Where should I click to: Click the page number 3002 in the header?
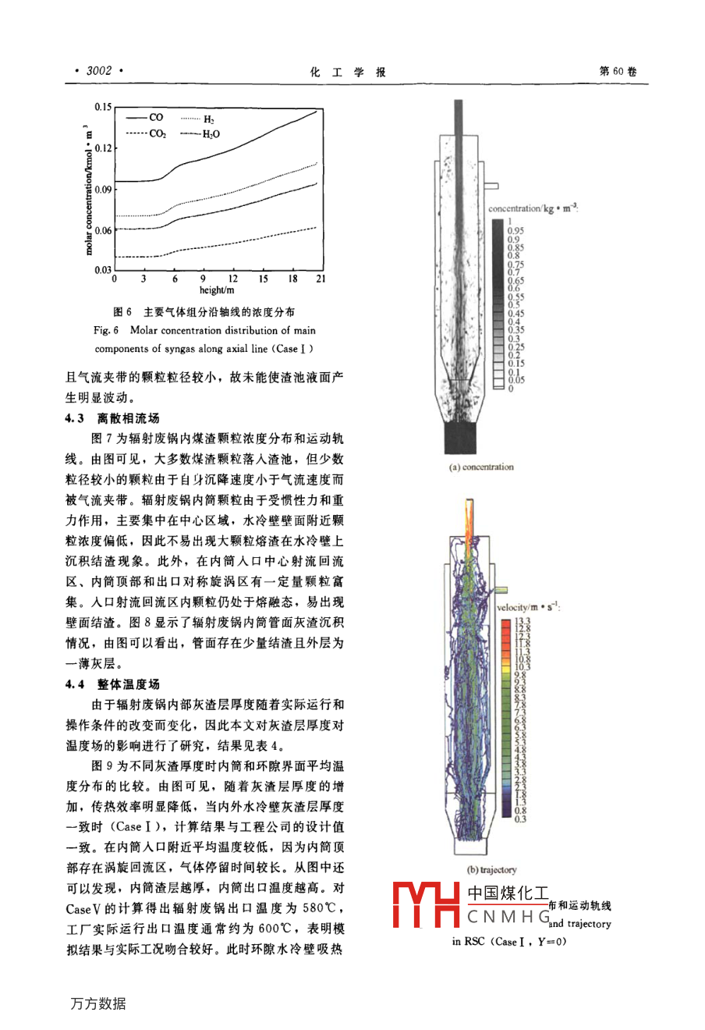pyautogui.click(x=99, y=71)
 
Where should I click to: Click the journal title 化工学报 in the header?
pyautogui.click(x=348, y=72)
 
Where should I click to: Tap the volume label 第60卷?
pyautogui.click(x=618, y=72)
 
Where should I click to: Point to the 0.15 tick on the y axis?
pyautogui.click(x=103, y=107)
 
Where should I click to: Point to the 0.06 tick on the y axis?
pyautogui.click(x=103, y=230)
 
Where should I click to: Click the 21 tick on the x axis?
pyautogui.click(x=321, y=279)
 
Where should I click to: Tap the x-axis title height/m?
pyautogui.click(x=217, y=290)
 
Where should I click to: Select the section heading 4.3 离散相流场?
pyautogui.click(x=112, y=418)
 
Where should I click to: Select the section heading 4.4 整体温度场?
pyautogui.click(x=112, y=684)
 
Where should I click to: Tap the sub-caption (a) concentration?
pyautogui.click(x=481, y=467)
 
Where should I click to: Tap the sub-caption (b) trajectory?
pyautogui.click(x=491, y=870)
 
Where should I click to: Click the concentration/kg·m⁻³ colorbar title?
pyautogui.click(x=533, y=208)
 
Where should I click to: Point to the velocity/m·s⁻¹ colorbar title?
pyautogui.click(x=528, y=606)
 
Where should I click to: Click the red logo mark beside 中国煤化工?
pyautogui.click(x=426, y=904)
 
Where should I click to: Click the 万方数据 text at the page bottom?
pyautogui.click(x=98, y=1003)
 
